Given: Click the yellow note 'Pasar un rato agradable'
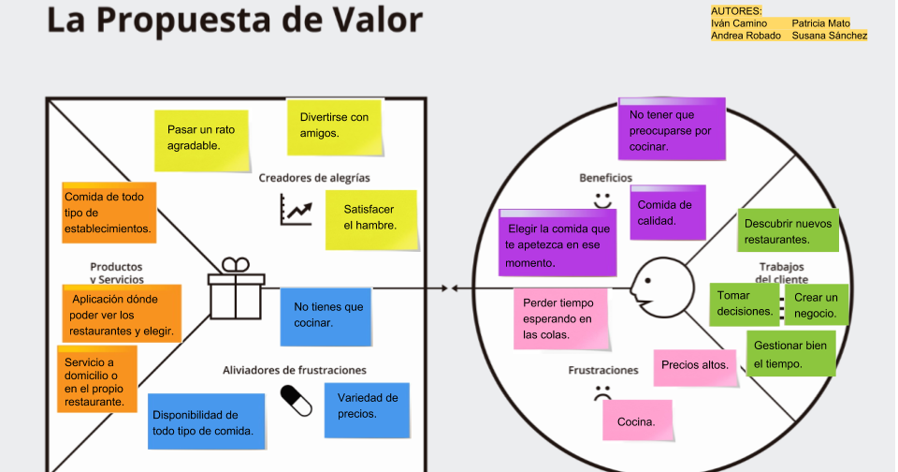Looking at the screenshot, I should click(202, 140).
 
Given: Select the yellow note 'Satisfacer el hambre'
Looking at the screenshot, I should click(370, 219).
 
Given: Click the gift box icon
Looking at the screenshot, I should click(236, 289).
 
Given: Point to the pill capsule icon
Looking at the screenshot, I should click(297, 399).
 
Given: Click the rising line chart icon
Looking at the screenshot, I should click(296, 210).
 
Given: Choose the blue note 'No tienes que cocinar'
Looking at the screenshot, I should click(325, 317).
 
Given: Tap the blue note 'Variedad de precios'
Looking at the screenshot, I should click(367, 407).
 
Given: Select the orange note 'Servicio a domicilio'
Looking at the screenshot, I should click(96, 379).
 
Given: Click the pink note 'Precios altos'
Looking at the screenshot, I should click(693, 365).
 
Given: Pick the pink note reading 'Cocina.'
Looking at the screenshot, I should click(636, 422).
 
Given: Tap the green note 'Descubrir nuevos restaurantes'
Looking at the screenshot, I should click(788, 232).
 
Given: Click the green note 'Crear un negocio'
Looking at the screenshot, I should click(815, 305).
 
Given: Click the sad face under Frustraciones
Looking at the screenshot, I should click(601, 394).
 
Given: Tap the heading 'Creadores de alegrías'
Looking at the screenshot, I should click(314, 177).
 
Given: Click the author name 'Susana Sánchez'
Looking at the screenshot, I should click(829, 36).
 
